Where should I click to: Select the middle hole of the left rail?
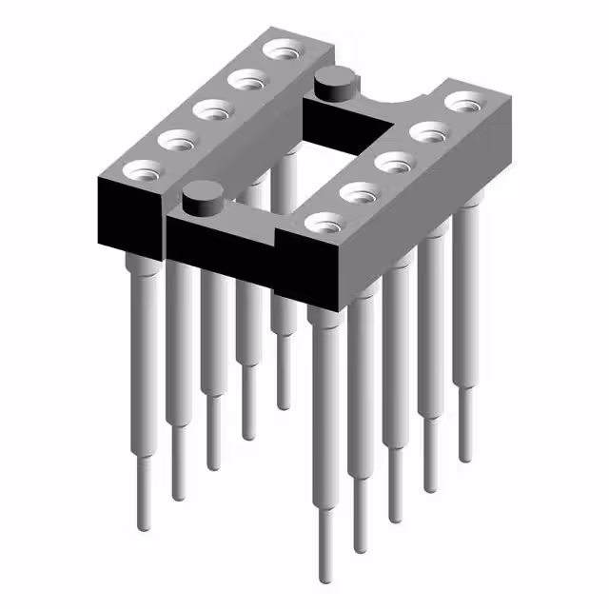[x=211, y=109]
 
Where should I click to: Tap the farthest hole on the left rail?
[x=280, y=49]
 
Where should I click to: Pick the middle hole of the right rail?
[x=393, y=163]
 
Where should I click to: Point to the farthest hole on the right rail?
[x=462, y=101]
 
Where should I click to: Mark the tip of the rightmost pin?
[x=465, y=458]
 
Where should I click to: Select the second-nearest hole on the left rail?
[x=177, y=141]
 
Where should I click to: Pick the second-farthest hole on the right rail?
[x=427, y=131]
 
